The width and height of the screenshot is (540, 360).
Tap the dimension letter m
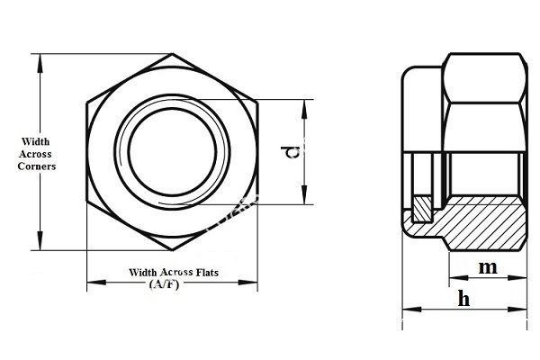487,267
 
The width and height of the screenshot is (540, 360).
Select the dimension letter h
463,299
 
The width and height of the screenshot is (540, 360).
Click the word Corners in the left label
37,166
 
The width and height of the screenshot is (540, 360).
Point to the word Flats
206,271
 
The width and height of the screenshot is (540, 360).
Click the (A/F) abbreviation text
163,284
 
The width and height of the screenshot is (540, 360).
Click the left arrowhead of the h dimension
406,310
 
